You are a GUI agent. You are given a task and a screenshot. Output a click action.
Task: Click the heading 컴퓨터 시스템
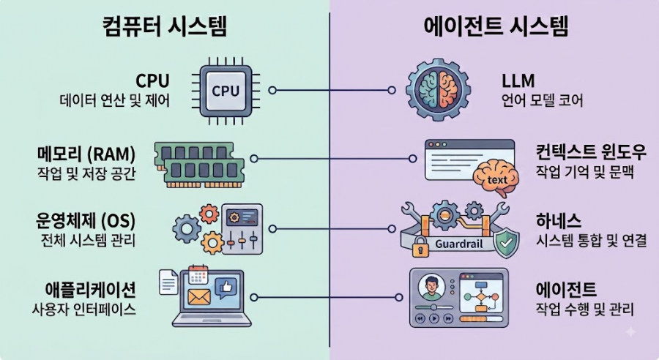coord(164,26)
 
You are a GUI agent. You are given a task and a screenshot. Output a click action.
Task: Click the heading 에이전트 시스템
coord(496,26)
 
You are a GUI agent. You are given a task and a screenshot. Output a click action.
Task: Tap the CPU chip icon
coord(226,90)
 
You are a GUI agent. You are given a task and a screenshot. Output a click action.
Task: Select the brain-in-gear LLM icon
coord(438,89)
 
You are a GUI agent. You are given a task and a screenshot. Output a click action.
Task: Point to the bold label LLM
coord(518,80)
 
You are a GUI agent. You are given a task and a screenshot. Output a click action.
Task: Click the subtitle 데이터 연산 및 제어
coord(115,101)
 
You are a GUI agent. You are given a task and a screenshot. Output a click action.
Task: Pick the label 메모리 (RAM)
coord(86,154)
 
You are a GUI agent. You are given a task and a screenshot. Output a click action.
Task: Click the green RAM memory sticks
coord(199,164)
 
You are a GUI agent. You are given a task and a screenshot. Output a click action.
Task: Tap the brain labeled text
coord(496,178)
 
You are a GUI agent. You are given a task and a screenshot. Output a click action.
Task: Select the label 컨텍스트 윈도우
coord(590,151)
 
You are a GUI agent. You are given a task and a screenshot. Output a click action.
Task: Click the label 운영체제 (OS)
coord(86,220)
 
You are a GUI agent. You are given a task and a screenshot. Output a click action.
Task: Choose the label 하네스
coord(559,220)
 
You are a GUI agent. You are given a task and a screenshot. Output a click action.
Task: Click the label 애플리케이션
coord(90,289)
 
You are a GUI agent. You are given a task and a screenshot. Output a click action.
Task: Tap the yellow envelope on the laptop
coord(198,297)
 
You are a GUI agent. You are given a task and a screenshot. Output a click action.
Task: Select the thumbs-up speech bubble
coord(226,288)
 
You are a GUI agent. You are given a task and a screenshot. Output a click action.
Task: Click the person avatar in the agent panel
coord(431,288)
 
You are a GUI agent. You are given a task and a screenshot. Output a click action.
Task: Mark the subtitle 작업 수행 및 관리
coord(584,310)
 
